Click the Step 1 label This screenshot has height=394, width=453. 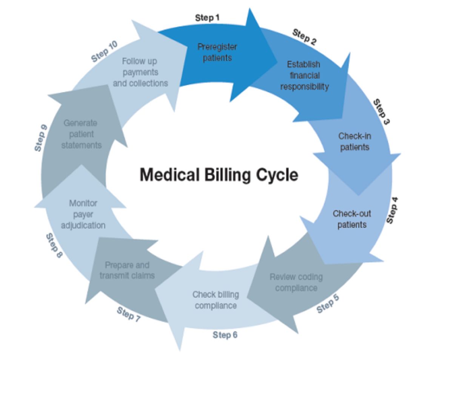pos(207,18)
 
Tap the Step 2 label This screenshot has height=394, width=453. pos(304,37)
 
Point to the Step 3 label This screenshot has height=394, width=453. pos(381,112)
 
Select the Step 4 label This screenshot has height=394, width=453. pos(392,210)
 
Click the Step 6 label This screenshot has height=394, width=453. pos(225,335)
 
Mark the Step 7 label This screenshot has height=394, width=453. pos(128,314)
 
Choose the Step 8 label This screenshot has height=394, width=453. pos(54,246)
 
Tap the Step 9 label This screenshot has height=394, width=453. pos(40,138)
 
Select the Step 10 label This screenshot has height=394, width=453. pos(105,52)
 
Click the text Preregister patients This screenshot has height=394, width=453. pos(217,53)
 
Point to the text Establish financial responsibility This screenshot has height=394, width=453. pos(304,76)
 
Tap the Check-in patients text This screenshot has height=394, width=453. pos(354,142)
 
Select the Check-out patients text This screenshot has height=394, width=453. pos(352,219)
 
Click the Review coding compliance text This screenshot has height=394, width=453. pos(296,283)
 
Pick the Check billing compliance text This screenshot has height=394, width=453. pos(216,300)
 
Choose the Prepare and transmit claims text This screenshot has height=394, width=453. pos(127,270)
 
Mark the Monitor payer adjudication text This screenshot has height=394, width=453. pos(83,214)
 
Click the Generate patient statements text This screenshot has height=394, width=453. pos(81,134)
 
